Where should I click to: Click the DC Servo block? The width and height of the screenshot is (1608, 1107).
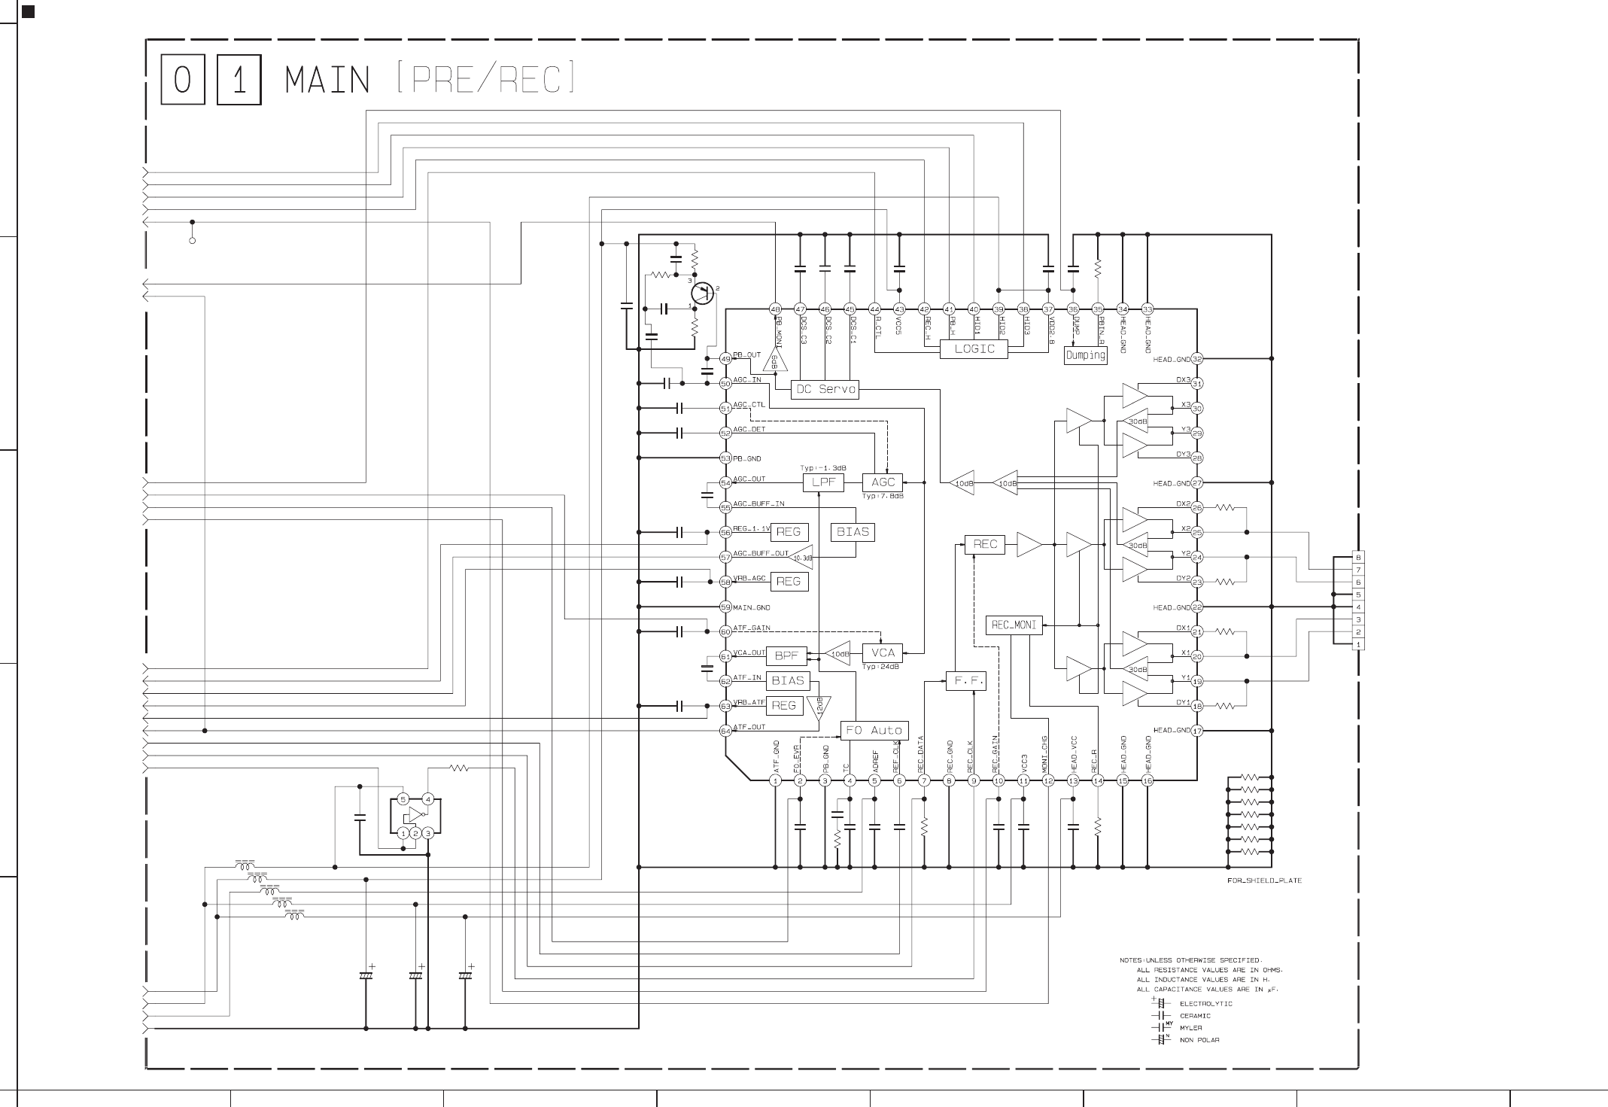click(825, 389)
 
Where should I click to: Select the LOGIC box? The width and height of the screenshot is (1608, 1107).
click(974, 349)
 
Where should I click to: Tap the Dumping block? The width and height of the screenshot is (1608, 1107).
click(1085, 355)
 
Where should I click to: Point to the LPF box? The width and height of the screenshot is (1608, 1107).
click(823, 482)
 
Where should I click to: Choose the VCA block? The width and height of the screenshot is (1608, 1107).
click(883, 652)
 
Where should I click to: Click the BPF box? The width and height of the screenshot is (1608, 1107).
click(786, 655)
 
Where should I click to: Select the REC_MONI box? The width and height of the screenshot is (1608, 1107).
click(1014, 625)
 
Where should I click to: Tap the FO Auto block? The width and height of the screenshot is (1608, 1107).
click(874, 730)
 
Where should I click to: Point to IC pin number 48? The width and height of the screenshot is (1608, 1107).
click(775, 309)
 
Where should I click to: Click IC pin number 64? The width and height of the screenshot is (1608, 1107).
click(725, 731)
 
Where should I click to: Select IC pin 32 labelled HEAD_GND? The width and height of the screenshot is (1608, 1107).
click(1197, 359)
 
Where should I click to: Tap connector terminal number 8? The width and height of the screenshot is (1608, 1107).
click(1358, 558)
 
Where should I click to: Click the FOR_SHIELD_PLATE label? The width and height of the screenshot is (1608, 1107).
click(1264, 880)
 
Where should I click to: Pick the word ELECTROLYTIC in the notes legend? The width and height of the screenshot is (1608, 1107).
click(1205, 1003)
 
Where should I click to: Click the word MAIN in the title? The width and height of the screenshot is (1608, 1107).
click(328, 81)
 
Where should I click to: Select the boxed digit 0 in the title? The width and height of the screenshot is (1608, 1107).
click(183, 80)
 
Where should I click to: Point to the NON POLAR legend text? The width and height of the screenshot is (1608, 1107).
click(1199, 1040)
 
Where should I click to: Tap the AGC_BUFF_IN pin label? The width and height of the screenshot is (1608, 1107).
click(758, 503)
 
